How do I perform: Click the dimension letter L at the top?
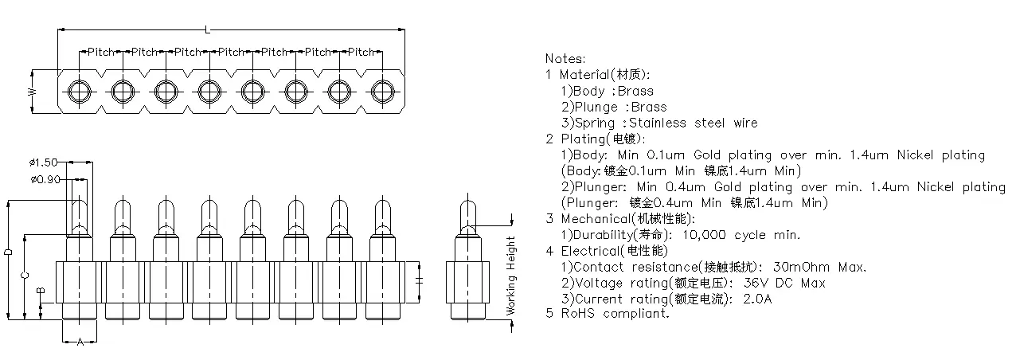click(207, 30)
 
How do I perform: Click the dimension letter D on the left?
click(8, 252)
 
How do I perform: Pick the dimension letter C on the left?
click(25, 275)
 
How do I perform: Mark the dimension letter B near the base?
click(41, 292)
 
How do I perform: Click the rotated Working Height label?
click(512, 276)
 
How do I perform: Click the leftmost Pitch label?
click(101, 52)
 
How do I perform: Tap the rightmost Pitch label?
click(361, 52)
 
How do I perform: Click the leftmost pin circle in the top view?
click(80, 91)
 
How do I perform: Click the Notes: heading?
click(565, 58)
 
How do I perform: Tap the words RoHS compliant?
click(615, 314)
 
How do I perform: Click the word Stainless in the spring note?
click(658, 123)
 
